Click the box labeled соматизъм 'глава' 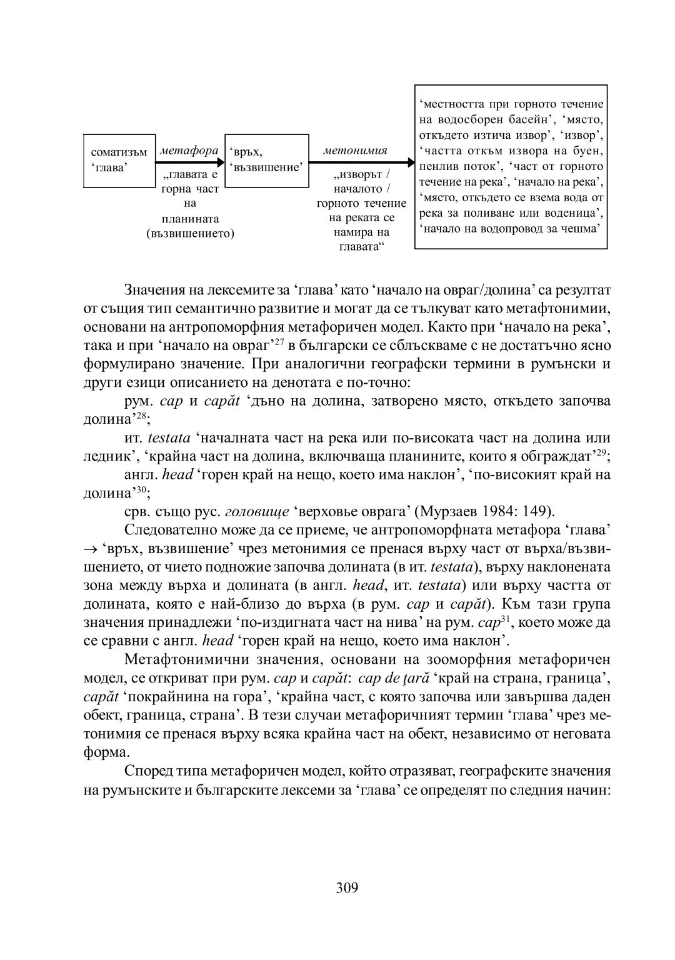tap(119, 161)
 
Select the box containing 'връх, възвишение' tap(267, 161)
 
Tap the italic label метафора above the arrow tap(189, 151)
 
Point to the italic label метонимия tap(355, 151)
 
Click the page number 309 tap(347, 887)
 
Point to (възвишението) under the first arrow tap(189, 234)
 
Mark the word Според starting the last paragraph tap(146, 770)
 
